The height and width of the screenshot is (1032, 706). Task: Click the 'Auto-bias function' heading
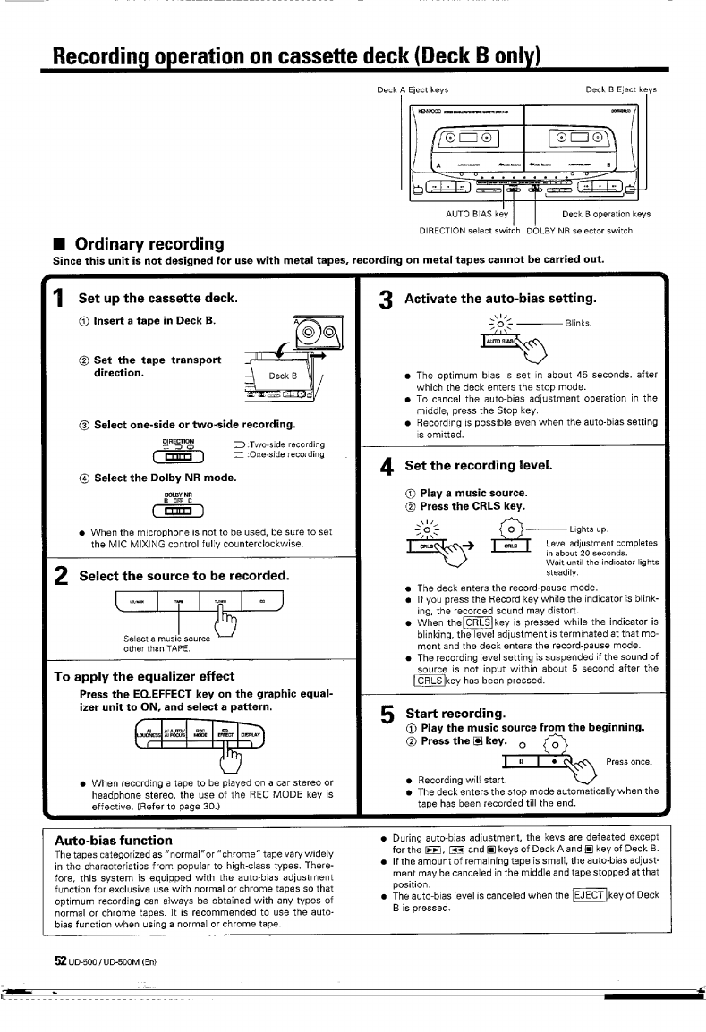(x=114, y=840)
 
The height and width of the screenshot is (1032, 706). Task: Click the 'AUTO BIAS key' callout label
(x=477, y=214)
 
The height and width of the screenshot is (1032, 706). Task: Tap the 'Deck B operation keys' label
(x=606, y=214)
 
